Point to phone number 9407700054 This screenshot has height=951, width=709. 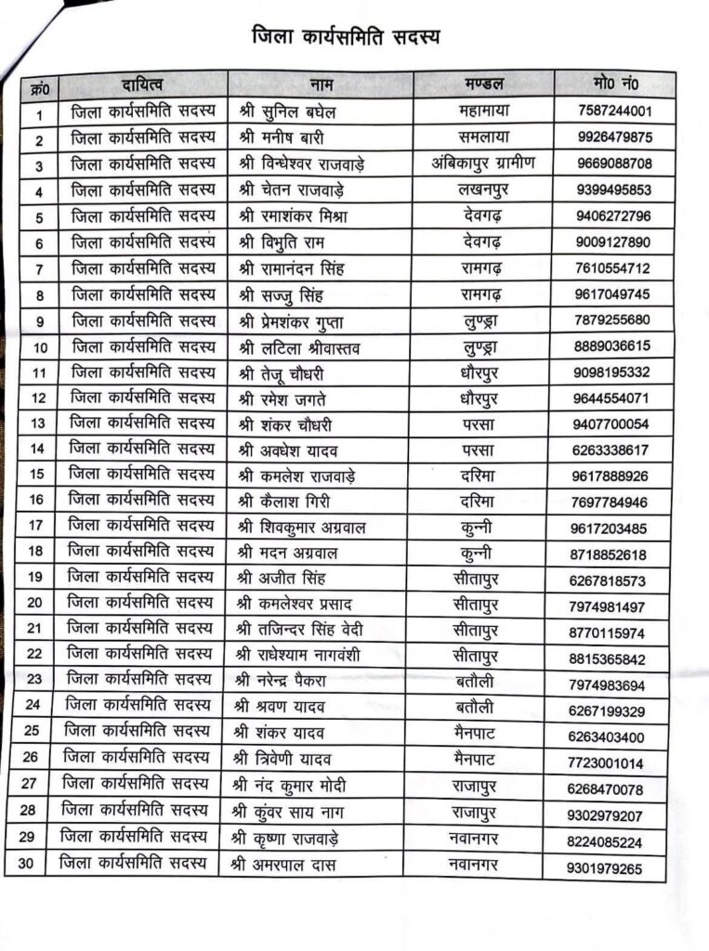coord(611,424)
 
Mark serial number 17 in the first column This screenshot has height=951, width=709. coord(36,527)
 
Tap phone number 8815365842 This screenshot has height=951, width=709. coord(610,659)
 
